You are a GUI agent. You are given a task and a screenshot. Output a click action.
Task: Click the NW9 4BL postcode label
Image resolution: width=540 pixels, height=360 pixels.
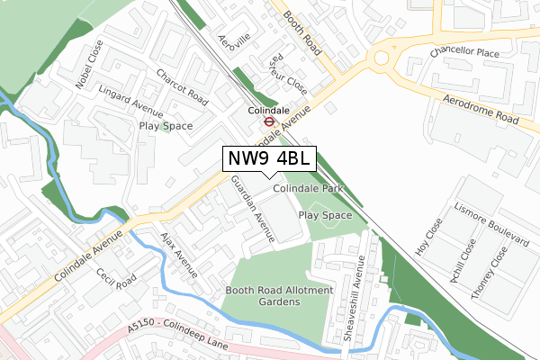(269, 158)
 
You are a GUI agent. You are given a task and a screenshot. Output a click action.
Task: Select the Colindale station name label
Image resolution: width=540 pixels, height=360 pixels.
(268, 111)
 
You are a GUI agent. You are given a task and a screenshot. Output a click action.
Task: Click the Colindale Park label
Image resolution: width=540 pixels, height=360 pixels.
(310, 190)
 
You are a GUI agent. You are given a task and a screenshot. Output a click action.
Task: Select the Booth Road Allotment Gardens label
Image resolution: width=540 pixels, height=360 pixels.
(279, 297)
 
